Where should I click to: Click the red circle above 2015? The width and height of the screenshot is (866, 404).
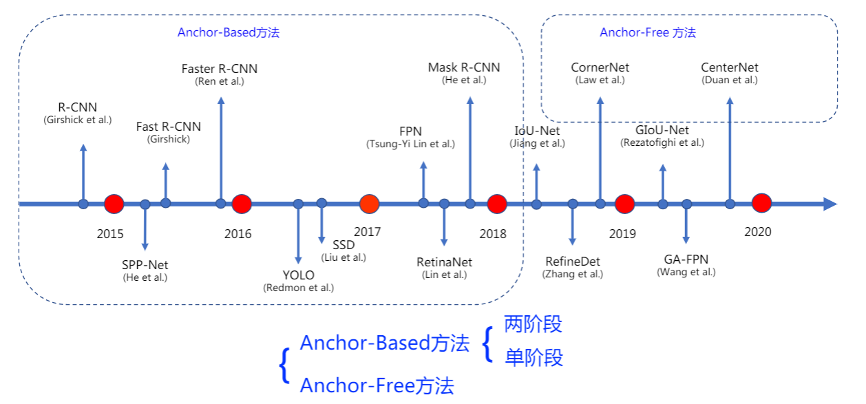coord(114,204)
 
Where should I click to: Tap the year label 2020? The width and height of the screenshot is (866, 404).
coord(757,232)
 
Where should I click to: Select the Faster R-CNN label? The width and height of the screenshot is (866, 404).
coord(220,69)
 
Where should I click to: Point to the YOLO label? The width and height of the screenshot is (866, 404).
coord(298,276)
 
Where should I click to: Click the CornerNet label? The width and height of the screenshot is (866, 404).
coord(600,67)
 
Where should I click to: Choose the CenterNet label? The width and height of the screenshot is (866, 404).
coord(730,67)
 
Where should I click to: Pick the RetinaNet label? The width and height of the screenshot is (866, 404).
coord(444,262)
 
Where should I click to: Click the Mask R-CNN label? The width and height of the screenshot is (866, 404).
coord(464,67)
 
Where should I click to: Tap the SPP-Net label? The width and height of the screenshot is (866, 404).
coord(145,265)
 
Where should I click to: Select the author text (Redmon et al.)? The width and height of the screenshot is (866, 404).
coord(298,288)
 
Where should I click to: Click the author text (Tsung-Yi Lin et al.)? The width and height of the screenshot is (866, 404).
coord(410,144)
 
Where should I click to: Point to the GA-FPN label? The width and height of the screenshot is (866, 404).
coord(686,259)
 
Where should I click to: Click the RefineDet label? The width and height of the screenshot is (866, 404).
coord(572,262)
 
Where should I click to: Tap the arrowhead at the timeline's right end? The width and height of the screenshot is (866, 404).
coord(830,204)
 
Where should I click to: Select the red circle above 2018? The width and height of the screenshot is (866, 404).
coord(496,204)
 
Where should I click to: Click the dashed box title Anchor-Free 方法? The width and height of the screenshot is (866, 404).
coord(648,32)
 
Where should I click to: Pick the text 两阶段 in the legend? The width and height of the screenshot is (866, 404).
coord(533,323)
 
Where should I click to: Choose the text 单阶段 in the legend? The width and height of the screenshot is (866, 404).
coord(534,357)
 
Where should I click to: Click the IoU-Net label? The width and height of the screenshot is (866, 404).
coord(537,131)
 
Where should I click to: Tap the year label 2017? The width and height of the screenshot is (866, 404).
coord(367,232)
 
